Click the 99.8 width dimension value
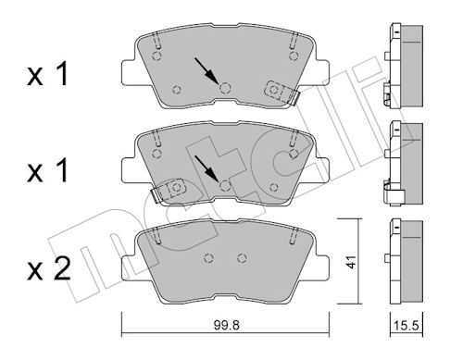click(226, 325)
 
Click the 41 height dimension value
click(350, 262)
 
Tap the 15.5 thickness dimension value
click(407, 325)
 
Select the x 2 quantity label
click(48, 270)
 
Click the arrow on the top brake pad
click(206, 71)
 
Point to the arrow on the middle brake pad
click(206, 168)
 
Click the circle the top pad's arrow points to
click(225, 88)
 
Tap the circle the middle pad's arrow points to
click(225, 185)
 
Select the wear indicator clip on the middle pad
click(169, 191)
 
